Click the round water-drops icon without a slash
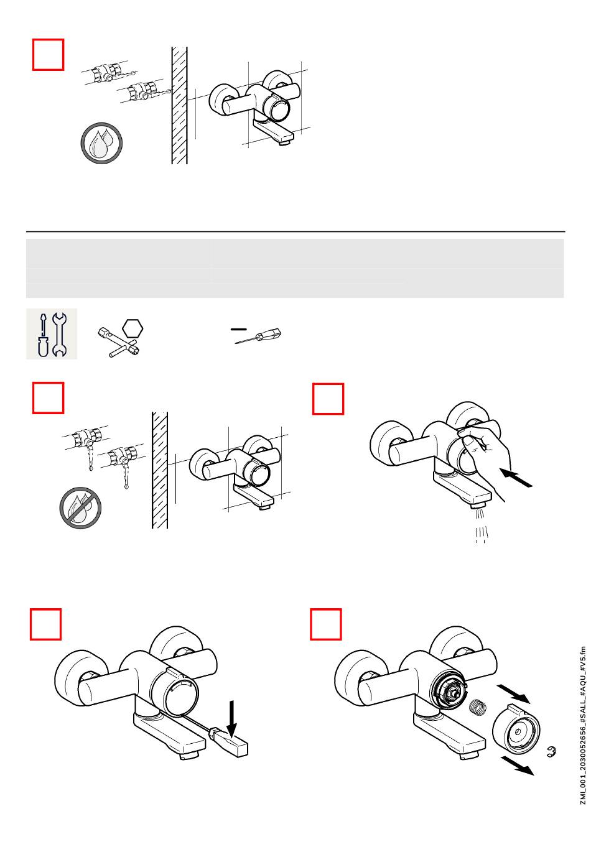pyautogui.click(x=101, y=143)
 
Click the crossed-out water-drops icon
pyautogui.click(x=80, y=507)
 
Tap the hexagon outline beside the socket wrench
pyautogui.click(x=133, y=328)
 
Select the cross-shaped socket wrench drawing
pyautogui.click(x=118, y=342)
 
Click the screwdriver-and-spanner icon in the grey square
pyautogui.click(x=52, y=334)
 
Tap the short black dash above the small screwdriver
pyautogui.click(x=239, y=328)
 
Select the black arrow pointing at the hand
pyautogui.click(x=516, y=478)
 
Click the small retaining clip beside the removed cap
pyautogui.click(x=551, y=752)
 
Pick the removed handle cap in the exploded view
pyautogui.click(x=516, y=728)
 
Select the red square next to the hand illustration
pyautogui.click(x=328, y=399)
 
